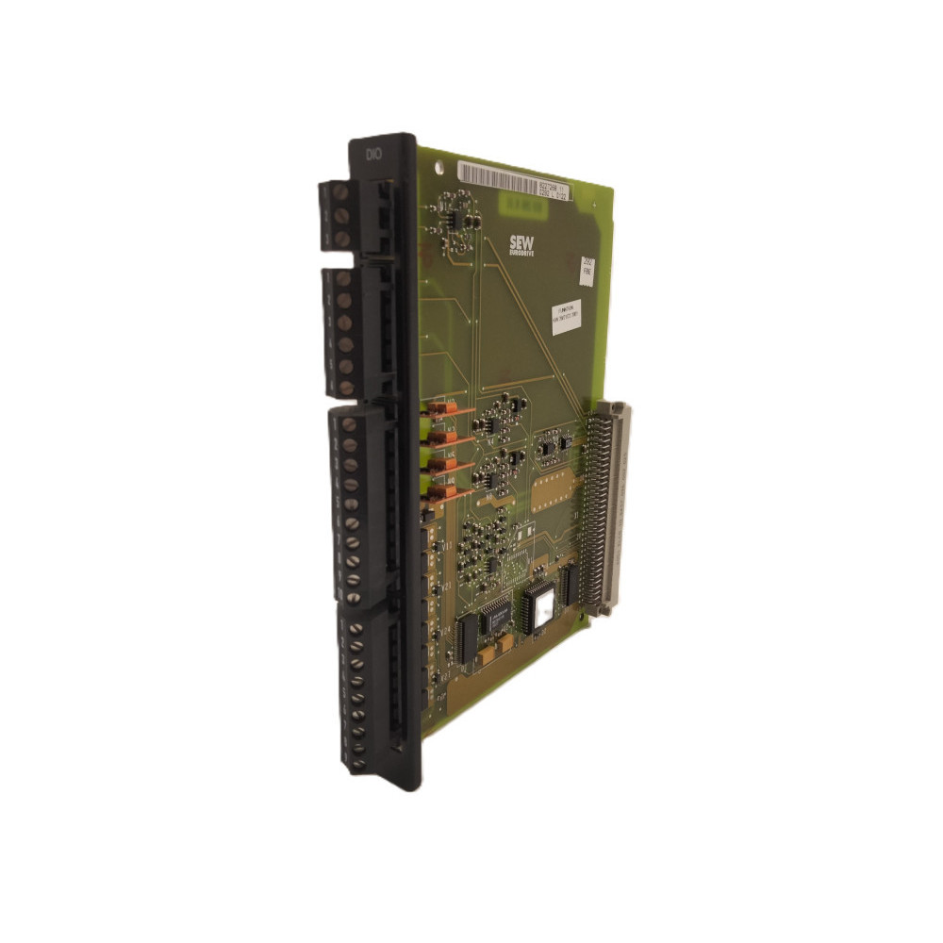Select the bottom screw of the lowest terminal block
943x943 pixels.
click(x=359, y=760)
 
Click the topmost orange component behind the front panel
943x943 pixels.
click(x=440, y=410)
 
